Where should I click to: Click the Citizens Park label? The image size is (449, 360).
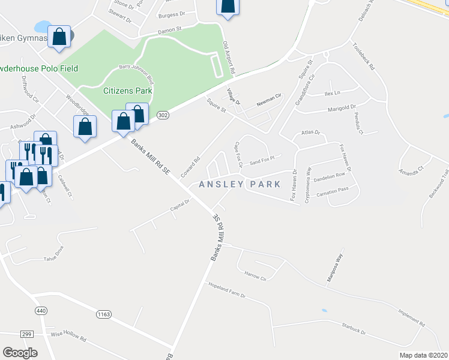pos(127,91)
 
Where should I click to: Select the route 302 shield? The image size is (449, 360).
pos(163,115)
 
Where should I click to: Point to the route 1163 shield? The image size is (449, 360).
pos(104,314)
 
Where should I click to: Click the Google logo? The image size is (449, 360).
pos(20,352)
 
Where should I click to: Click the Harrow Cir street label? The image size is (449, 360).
pos(255,276)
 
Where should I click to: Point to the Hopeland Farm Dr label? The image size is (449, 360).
pos(228,289)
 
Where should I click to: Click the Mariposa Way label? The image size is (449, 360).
pos(334,262)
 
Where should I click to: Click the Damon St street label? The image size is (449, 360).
pos(169,30)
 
